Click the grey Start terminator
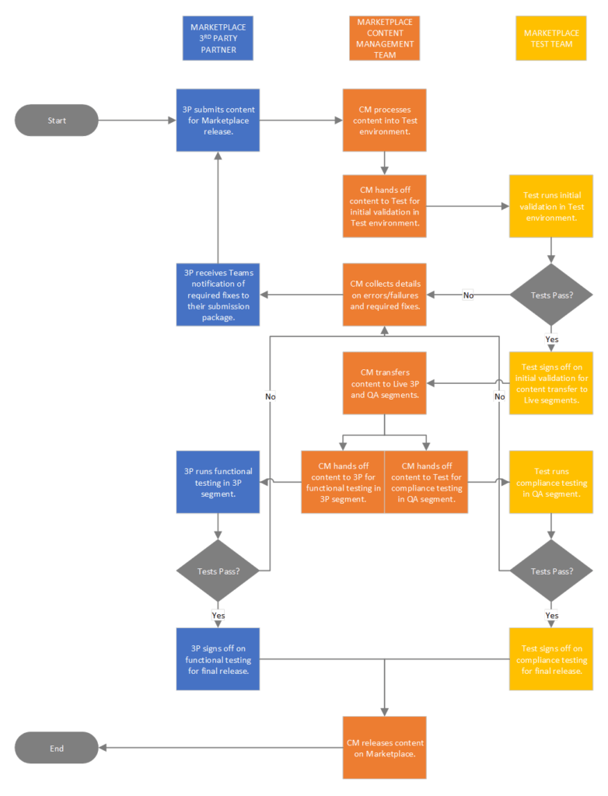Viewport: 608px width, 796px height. [x=57, y=120]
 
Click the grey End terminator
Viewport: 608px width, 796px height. [x=57, y=748]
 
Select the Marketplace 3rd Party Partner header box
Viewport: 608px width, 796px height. [x=218, y=39]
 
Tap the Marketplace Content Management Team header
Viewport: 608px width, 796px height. [x=385, y=39]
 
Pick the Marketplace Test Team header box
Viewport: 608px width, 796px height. [x=551, y=39]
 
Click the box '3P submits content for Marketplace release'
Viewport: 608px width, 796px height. [x=218, y=120]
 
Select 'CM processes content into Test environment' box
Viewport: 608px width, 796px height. [x=385, y=120]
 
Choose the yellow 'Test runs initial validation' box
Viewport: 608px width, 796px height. [x=551, y=206]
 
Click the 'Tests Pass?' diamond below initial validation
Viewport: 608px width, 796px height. [x=551, y=295]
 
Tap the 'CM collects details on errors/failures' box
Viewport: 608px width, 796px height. [x=385, y=295]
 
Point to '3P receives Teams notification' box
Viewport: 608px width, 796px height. [x=218, y=295]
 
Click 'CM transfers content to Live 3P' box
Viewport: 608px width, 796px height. [x=385, y=383]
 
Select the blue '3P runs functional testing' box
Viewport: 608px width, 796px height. [x=218, y=482]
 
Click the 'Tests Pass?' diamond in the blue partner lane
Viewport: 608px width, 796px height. [x=218, y=571]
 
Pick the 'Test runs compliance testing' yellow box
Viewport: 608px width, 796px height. [x=551, y=482]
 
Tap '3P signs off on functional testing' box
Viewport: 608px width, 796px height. [x=218, y=659]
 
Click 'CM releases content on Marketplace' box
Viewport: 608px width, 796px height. [x=385, y=748]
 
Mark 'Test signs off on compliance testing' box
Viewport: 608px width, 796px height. [x=551, y=659]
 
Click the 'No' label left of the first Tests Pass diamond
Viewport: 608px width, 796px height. [x=468, y=295]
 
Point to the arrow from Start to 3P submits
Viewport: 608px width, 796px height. [x=137, y=120]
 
